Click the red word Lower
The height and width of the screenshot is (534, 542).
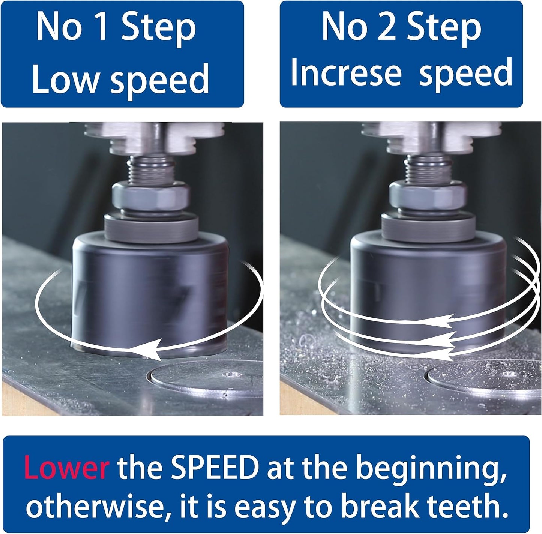tap(66, 467)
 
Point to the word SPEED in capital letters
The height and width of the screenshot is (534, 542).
tap(215, 467)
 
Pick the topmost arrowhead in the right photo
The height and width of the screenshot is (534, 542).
tap(437, 321)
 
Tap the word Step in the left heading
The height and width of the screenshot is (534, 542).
tap(159, 30)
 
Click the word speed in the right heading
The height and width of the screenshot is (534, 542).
tap(466, 73)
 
